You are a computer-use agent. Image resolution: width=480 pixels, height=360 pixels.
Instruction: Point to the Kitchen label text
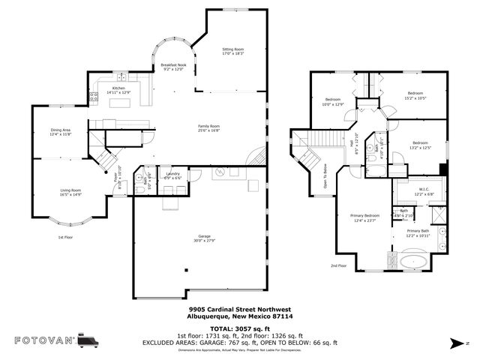[119, 88]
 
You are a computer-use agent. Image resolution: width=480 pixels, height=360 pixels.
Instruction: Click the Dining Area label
[61, 130]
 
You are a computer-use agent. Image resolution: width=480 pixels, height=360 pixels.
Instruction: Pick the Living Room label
[71, 190]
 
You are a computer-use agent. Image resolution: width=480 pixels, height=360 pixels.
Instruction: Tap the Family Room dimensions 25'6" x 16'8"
[208, 130]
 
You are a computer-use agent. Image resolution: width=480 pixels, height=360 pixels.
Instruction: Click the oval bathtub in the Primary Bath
[414, 262]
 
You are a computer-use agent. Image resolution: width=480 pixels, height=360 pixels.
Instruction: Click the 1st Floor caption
[65, 237]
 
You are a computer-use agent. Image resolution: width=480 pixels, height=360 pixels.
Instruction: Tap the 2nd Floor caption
[339, 265]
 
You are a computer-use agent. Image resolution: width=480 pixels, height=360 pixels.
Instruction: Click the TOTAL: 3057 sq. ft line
[240, 328]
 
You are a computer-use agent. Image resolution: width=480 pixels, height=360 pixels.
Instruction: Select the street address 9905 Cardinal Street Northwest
[240, 309]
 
